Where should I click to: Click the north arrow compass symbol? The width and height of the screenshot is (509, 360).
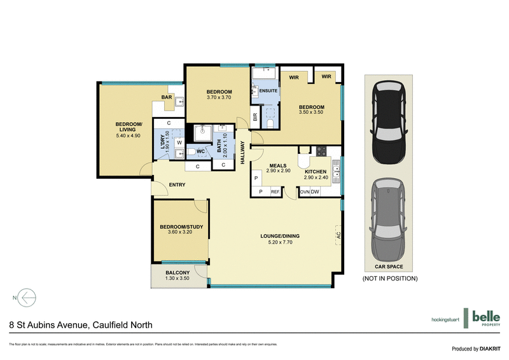27,297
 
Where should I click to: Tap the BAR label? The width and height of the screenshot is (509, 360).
167,97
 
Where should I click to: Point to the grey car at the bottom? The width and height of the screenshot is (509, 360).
387,214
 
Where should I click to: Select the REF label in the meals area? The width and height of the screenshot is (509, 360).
275,191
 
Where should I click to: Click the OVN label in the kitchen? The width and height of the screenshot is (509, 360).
304,191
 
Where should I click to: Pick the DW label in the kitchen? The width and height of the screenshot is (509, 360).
315,191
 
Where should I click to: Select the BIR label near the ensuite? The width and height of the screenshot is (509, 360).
255,117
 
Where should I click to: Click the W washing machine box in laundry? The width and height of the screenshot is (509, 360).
179,142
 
